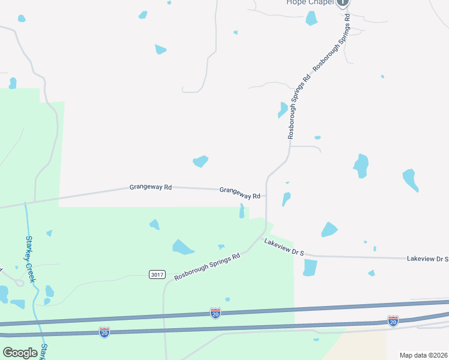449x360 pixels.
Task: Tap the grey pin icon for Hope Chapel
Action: (x=343, y=2)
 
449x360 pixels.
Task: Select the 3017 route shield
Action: (x=157, y=274)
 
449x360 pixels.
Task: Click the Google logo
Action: (x=20, y=352)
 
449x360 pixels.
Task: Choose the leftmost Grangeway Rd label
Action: (x=151, y=187)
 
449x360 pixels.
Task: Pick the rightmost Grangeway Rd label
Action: (x=240, y=193)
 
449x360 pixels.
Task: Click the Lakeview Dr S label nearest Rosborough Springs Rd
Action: (x=284, y=247)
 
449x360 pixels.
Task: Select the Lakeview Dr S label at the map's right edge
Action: (x=427, y=259)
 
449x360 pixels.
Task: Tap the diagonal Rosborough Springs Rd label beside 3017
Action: (x=207, y=267)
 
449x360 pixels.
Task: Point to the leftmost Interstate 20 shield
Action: (x=104, y=332)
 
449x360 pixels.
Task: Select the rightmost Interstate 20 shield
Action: (x=393, y=320)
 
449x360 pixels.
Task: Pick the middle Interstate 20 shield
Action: (x=215, y=313)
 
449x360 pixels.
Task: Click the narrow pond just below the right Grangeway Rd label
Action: (x=242, y=211)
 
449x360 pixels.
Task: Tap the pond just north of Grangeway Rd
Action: (x=200, y=161)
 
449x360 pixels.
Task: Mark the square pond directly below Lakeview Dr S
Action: (x=310, y=267)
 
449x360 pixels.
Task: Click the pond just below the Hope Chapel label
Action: (x=311, y=18)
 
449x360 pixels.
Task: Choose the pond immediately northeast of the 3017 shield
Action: (x=182, y=247)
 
